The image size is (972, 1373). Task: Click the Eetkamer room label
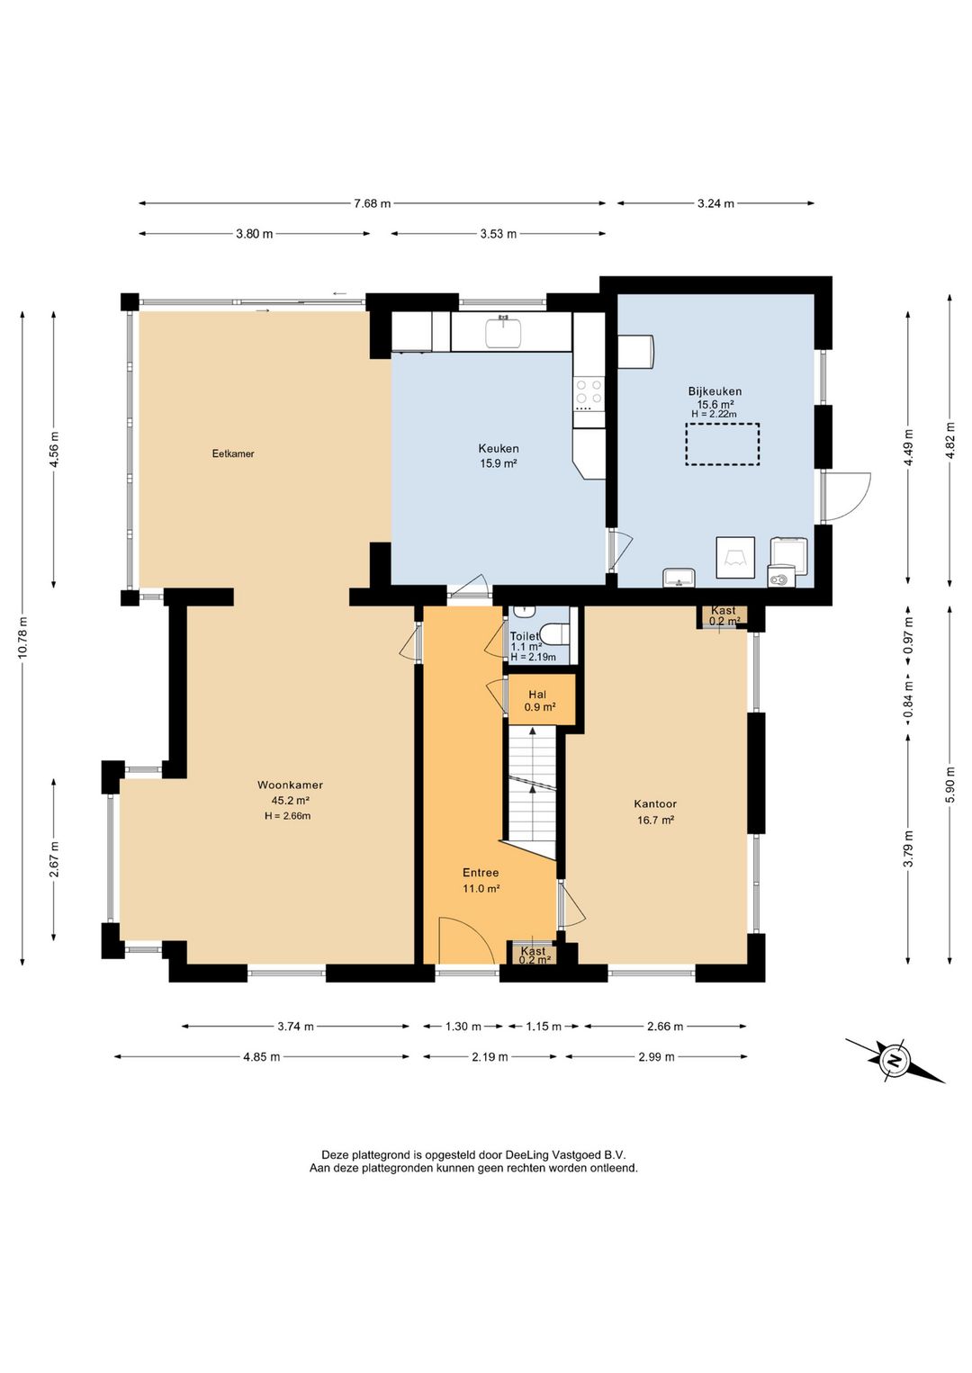[233, 454]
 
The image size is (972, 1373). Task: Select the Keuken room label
[499, 449]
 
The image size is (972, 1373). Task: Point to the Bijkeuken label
[715, 391]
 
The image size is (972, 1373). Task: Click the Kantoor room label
[655, 803]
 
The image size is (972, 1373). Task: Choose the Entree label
[481, 872]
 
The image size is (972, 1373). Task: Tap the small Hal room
[540, 699]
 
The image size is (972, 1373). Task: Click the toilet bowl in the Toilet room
[555, 633]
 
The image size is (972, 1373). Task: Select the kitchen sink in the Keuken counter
[503, 332]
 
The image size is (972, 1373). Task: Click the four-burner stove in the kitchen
[588, 395]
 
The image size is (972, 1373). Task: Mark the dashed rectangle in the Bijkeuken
[723, 444]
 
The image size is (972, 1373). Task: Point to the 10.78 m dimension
[23, 638]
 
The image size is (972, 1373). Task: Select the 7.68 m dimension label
[373, 203]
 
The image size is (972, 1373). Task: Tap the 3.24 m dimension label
[715, 203]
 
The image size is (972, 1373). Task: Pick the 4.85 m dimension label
[262, 1056]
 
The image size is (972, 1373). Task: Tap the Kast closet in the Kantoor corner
[724, 616]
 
